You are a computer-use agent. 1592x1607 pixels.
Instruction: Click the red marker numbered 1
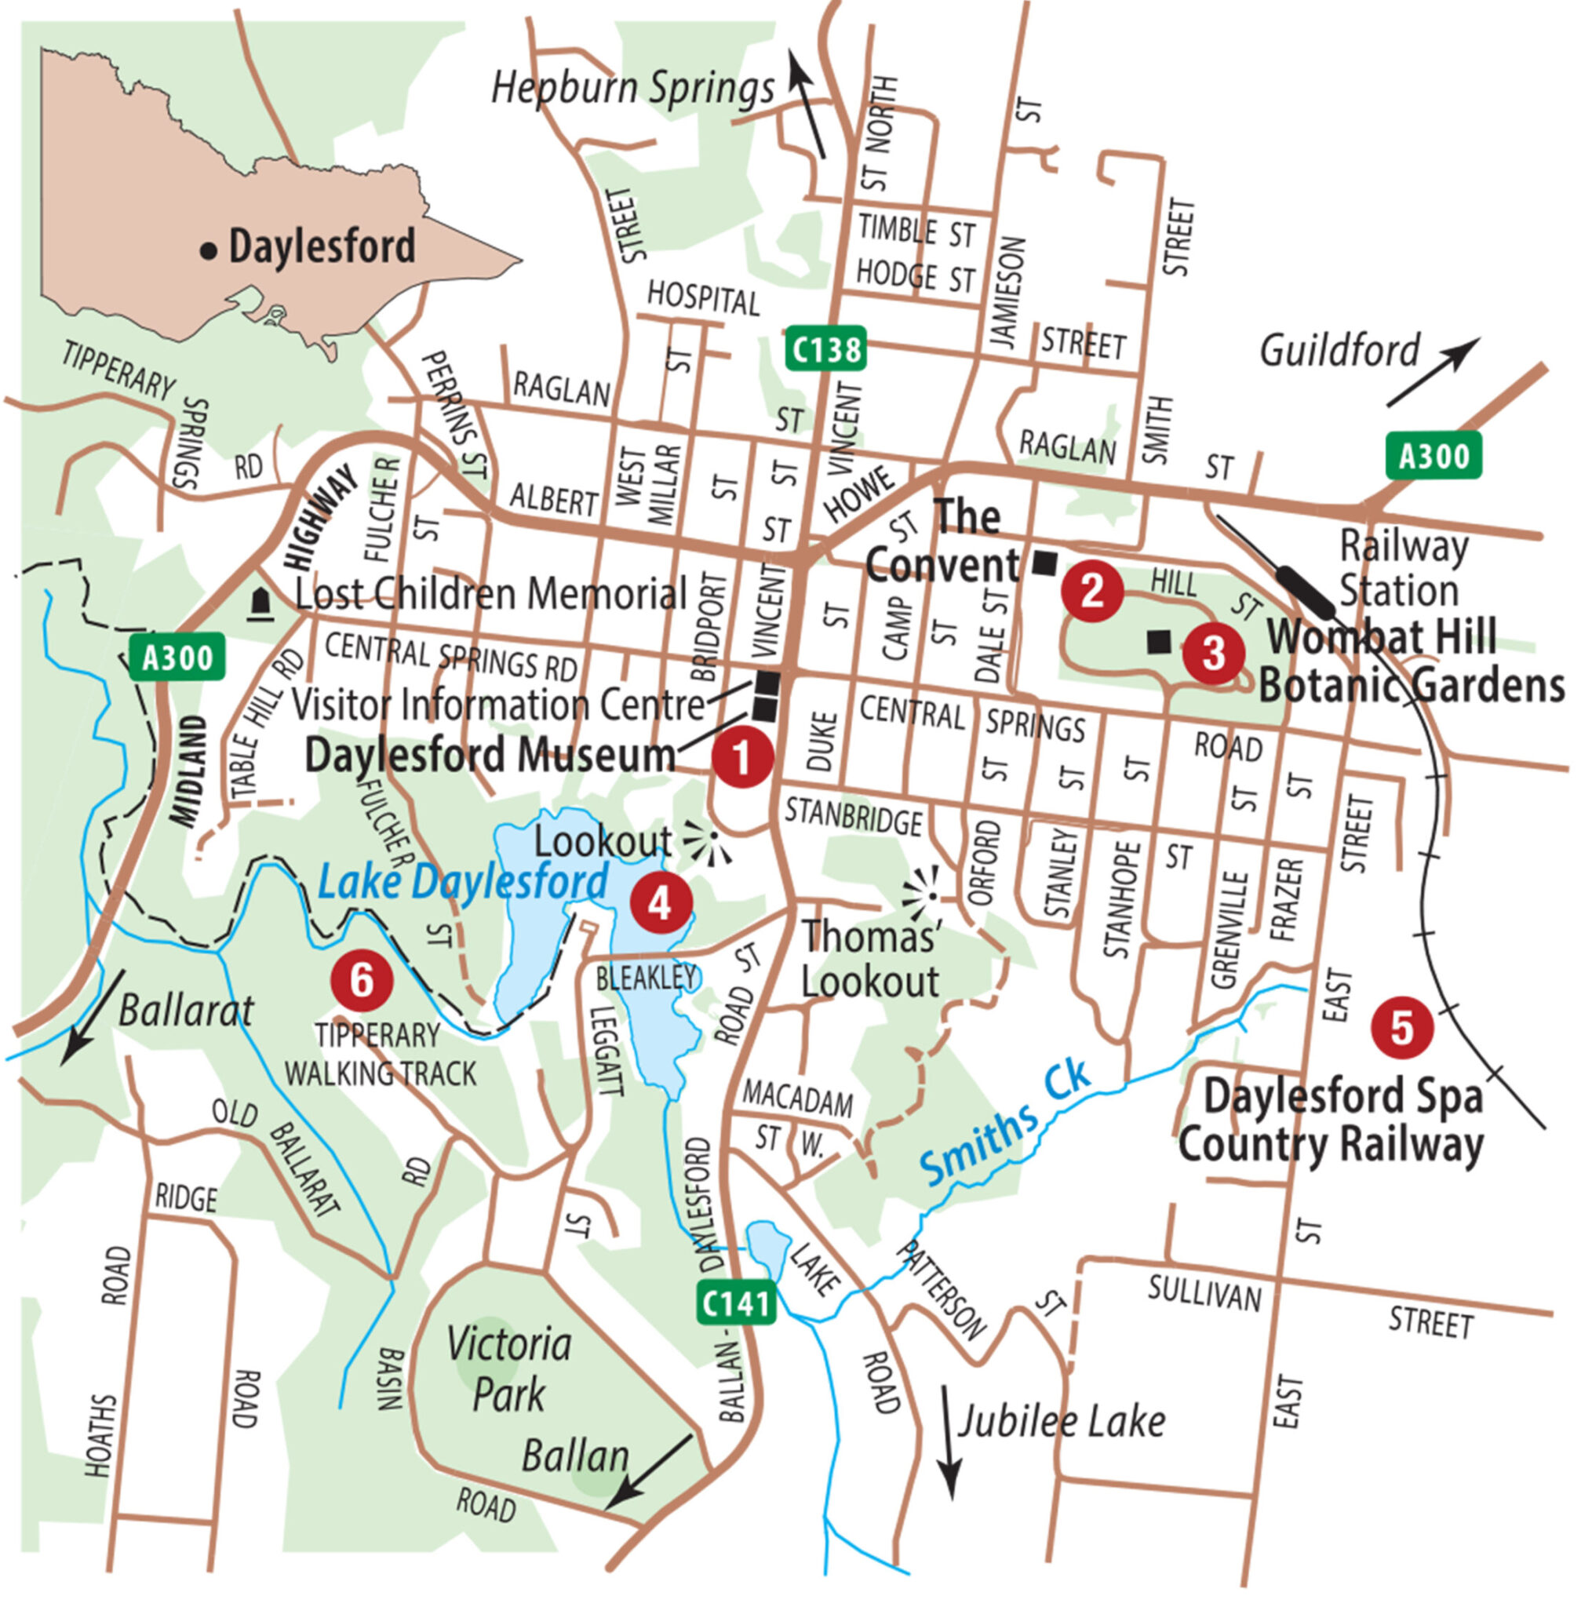point(742,756)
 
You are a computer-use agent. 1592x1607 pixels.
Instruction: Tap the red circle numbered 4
point(661,902)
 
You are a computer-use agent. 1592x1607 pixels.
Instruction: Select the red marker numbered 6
point(361,980)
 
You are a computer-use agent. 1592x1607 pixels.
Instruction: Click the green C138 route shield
point(825,349)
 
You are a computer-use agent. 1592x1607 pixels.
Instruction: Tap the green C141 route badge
point(736,1303)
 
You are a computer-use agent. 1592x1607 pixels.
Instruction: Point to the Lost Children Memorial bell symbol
point(261,604)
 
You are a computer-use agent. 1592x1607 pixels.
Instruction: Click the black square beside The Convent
point(1044,564)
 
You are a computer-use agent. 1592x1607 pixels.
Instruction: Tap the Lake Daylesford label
point(462,883)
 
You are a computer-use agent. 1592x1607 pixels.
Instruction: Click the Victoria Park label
point(508,1369)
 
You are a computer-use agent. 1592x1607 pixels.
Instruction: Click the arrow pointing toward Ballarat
point(93,1016)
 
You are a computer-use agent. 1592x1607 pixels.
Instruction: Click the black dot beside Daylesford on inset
point(209,250)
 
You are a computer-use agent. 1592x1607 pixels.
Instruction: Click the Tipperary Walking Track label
point(380,1055)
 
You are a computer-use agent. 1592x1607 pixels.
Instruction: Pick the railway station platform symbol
point(1304,590)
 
